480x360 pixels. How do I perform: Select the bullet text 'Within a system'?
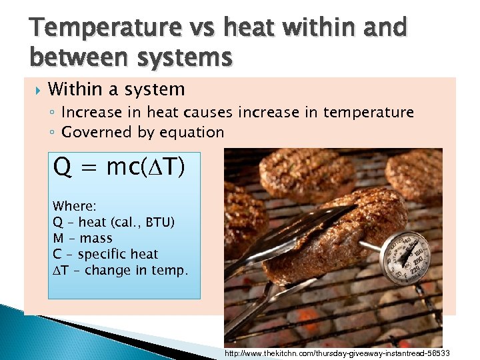(x=117, y=89)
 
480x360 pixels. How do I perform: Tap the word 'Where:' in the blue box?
(x=74, y=206)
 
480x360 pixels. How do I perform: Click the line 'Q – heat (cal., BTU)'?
(x=113, y=222)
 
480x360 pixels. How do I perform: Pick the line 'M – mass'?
(x=83, y=238)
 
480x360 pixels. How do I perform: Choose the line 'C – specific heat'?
(x=105, y=254)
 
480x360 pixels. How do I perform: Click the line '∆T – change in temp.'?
(x=121, y=270)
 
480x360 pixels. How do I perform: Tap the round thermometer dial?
(x=405, y=257)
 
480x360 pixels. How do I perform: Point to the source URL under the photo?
(x=337, y=353)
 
